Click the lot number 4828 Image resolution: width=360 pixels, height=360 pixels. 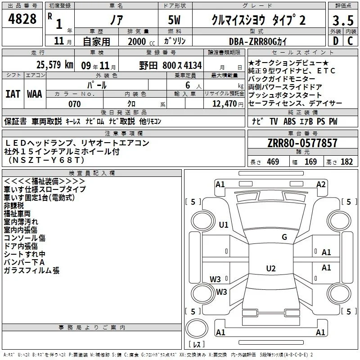22,19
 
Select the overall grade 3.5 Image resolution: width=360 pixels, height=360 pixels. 343,20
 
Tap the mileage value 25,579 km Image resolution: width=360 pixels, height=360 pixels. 54,65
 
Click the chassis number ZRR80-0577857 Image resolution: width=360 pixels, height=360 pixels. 302,143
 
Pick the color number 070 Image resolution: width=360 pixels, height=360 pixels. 74,104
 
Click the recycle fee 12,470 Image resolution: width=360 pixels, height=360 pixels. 224,104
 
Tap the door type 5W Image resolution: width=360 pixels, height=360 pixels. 174,20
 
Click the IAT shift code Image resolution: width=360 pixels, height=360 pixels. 13,94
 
